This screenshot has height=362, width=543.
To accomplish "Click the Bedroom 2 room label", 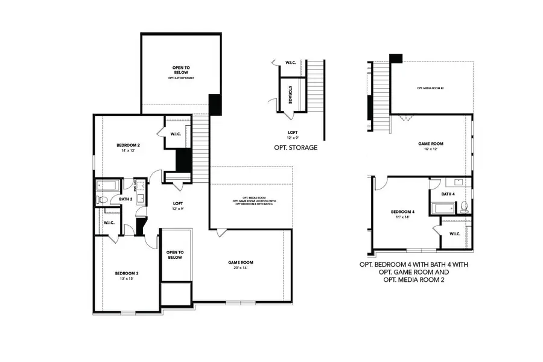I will click(x=128, y=145).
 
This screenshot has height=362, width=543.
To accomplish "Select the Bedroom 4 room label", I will click(x=402, y=212).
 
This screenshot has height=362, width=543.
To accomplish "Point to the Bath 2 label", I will click(x=125, y=199).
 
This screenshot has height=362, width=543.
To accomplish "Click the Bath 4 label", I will click(x=447, y=194).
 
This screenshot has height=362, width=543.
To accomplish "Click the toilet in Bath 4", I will click(x=463, y=208).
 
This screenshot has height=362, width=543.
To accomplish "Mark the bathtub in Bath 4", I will click(x=443, y=209).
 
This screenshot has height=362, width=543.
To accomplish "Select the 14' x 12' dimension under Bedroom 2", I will click(x=128, y=151).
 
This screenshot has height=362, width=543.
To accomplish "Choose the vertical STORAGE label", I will click(x=290, y=95).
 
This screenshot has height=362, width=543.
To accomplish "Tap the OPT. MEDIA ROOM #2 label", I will click(x=430, y=89).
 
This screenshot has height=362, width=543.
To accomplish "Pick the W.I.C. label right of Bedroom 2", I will click(x=176, y=134).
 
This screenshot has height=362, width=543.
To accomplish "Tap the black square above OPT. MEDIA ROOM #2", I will click(x=396, y=59).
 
